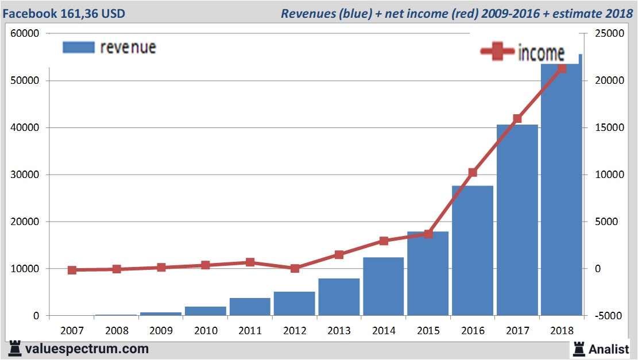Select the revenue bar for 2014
point(383,287)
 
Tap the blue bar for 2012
point(294,304)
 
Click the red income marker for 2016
point(473,172)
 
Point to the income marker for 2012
point(295,268)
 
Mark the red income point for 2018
point(562,68)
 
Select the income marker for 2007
point(72,270)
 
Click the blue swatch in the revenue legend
point(78,47)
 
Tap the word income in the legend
point(541,53)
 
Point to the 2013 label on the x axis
point(339,331)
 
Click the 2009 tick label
point(161,331)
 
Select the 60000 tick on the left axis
point(25,33)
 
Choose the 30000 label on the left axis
point(25,175)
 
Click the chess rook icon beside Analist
point(578,348)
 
